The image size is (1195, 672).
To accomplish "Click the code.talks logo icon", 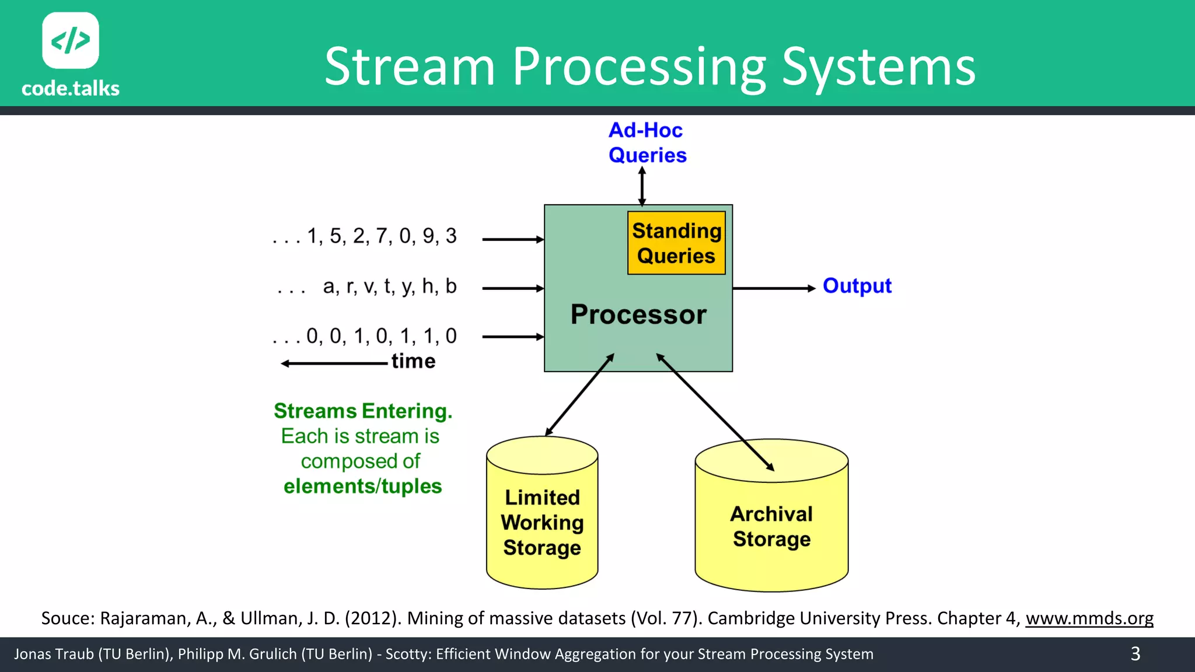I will (x=70, y=40).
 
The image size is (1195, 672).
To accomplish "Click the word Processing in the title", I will (x=639, y=67).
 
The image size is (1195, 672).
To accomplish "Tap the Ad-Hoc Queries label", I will (x=647, y=142).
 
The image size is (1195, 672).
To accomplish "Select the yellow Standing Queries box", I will (x=676, y=243).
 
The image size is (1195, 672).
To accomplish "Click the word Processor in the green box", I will (x=638, y=314).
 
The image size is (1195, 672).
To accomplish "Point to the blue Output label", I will (x=857, y=286).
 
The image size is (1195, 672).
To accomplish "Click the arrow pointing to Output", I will (x=773, y=288).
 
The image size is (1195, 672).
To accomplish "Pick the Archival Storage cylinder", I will (x=771, y=525).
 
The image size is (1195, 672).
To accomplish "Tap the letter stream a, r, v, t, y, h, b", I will (x=389, y=286).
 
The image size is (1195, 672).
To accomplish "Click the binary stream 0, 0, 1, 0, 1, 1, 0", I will (x=380, y=337).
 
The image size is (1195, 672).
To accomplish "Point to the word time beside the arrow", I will (x=413, y=361).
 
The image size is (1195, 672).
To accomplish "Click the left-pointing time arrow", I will (x=334, y=363).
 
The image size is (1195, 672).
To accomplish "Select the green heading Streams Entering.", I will (x=363, y=411).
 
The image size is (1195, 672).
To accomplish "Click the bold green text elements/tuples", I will (x=362, y=486).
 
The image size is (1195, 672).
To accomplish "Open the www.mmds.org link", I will (x=1089, y=618).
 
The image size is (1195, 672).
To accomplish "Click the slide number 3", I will (x=1135, y=653).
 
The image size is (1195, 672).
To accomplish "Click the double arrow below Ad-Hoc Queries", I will (x=642, y=186).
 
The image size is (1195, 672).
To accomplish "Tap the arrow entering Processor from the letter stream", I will (x=512, y=288).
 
